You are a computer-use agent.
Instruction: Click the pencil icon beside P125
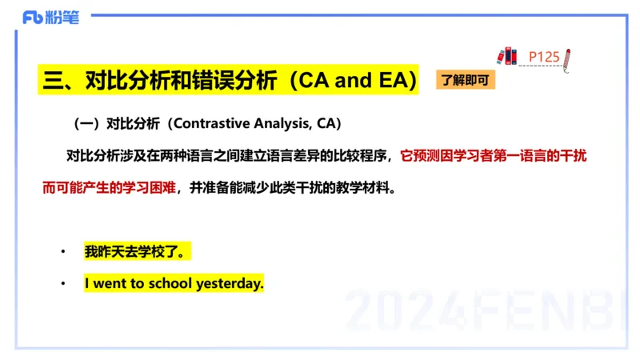coord(566,58)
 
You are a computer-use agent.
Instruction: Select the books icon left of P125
coord(506,55)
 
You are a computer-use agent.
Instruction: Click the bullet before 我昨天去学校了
coord(63,253)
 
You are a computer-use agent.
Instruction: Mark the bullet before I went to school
coord(63,284)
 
